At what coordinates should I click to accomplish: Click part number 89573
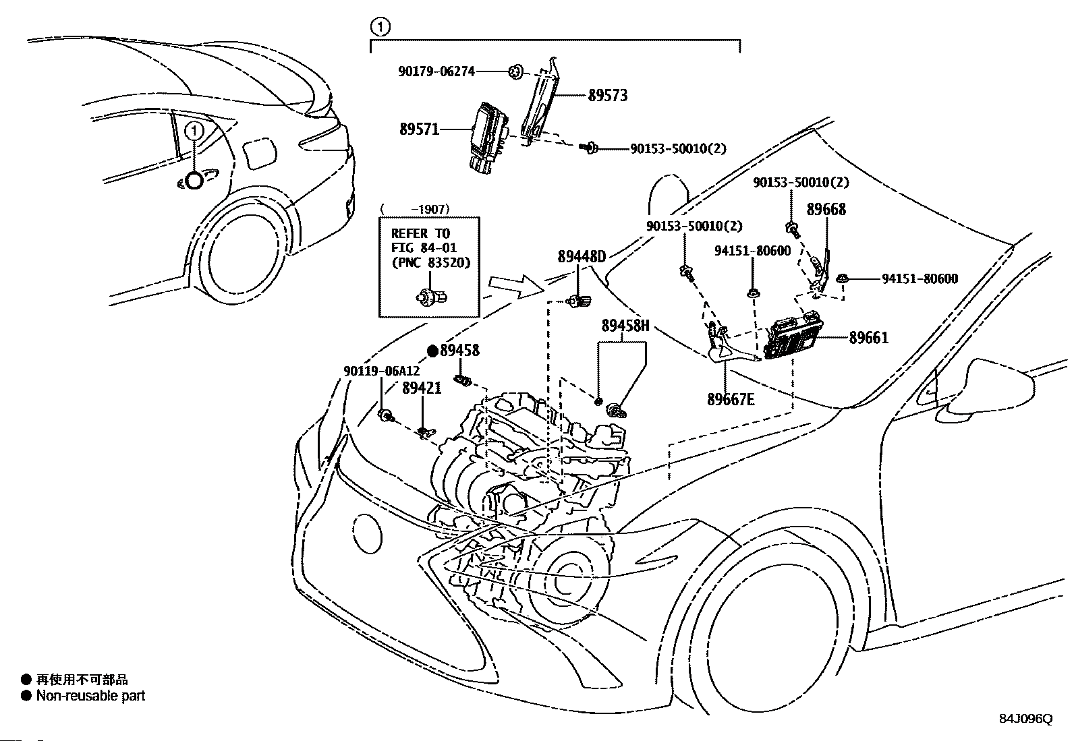click(607, 96)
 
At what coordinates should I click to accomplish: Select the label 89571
click(419, 129)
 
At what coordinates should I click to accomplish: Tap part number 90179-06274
click(436, 70)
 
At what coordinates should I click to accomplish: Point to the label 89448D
click(582, 256)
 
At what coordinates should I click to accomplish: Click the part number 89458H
click(625, 326)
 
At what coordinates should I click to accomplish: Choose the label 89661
click(868, 338)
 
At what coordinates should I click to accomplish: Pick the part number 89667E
click(731, 399)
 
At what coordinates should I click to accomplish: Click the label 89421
click(422, 388)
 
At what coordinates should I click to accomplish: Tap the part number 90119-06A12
click(381, 371)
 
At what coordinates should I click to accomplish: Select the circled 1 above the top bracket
click(380, 27)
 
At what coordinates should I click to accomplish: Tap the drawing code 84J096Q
click(1025, 719)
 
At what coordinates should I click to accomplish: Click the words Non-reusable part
click(90, 696)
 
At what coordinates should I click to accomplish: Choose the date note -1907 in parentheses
click(430, 210)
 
